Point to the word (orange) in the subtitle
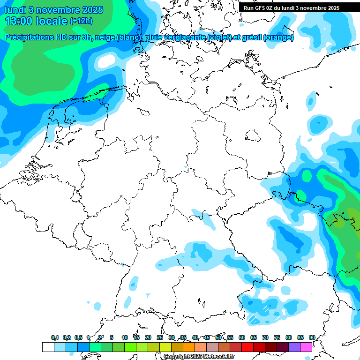(x=278, y=37)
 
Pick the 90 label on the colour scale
(x=312, y=337)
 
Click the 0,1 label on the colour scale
(x=55, y=337)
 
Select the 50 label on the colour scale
(x=218, y=337)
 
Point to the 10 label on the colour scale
(x=125, y=337)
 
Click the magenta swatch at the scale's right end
(x=306, y=347)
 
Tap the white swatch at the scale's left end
(x=48, y=347)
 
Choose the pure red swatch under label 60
(x=247, y=347)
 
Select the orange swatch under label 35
(x=189, y=347)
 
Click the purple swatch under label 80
(x=294, y=347)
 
